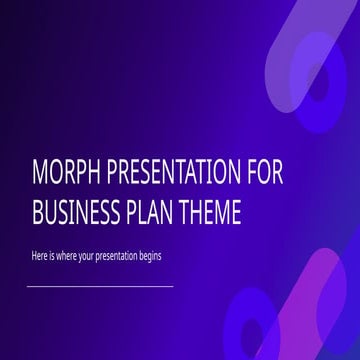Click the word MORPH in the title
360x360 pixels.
[x=61, y=173]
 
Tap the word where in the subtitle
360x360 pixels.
[x=69, y=256]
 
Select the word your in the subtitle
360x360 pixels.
[x=94, y=256]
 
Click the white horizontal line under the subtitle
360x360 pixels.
[x=100, y=286]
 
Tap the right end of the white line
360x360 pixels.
[x=172, y=286]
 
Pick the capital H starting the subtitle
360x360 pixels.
[x=32, y=256]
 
